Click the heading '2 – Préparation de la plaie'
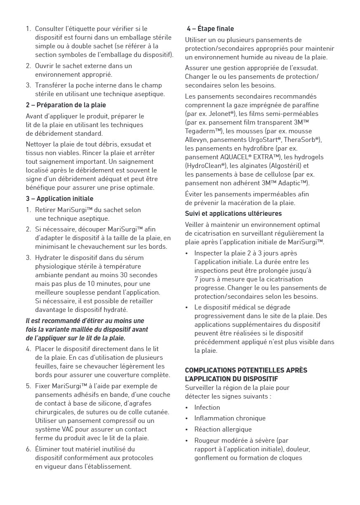pos(66,105)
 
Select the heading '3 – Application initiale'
pos(60,199)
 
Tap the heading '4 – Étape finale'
pos(210,29)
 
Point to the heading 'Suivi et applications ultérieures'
pos(233,214)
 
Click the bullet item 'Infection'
pos(207,407)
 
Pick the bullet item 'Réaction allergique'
pos(223,429)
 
